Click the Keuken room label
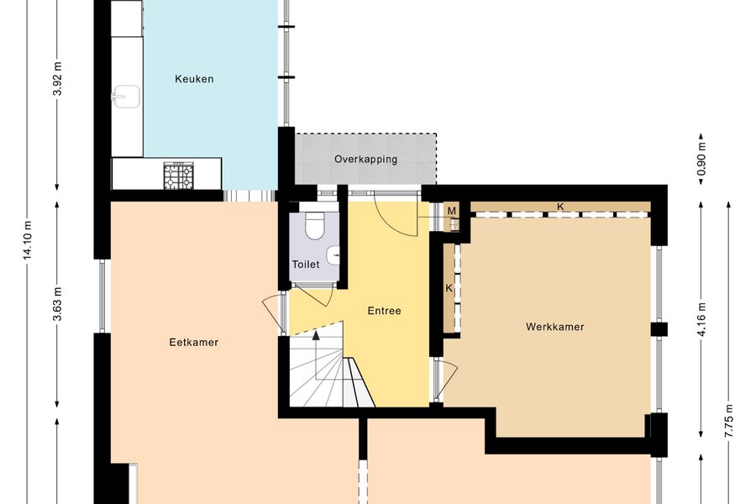[194, 79]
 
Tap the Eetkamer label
[194, 343]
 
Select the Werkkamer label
[555, 327]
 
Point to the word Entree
[384, 311]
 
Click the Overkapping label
[366, 159]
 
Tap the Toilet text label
[306, 265]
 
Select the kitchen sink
[126, 97]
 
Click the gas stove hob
[178, 176]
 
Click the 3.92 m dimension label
[57, 79]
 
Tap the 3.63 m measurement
[57, 304]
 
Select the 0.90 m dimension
[701, 159]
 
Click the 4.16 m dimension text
[701, 319]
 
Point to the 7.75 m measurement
[728, 421]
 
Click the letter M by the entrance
[452, 211]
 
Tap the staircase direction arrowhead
[316, 335]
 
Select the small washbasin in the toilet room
[333, 255]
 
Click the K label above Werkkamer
[560, 207]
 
